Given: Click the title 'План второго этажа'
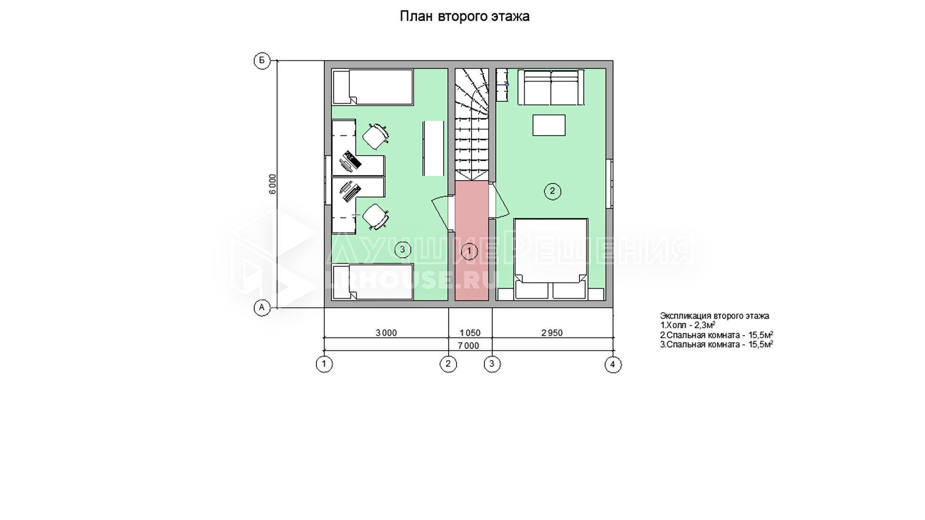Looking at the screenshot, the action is pos(464,17).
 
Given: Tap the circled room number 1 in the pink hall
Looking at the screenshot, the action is pos(469,251).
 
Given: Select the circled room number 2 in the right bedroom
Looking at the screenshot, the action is pos(552,191).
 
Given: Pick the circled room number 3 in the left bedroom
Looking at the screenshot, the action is pos(402,249).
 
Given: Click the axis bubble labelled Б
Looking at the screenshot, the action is pos(262,61).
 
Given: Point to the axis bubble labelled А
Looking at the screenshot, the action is pos(262,307).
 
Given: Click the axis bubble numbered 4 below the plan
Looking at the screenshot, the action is pos(613,364).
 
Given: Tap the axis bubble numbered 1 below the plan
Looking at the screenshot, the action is pos(324,364).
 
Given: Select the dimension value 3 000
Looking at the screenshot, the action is pos(386,333).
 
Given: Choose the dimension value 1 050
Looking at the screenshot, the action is pos(470,333).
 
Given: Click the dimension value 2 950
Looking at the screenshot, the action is pos(552,333).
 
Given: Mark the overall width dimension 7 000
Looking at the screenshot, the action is pos(468,346).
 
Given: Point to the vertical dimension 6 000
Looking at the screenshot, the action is pos(273,184).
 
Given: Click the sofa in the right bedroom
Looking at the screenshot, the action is pos(550,87).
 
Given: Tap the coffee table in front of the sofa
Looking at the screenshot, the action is pos(549,125).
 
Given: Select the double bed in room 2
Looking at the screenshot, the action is pos(551,259).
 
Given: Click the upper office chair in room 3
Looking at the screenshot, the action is pos(375,136).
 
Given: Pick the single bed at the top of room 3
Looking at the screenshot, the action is pos(372,87).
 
